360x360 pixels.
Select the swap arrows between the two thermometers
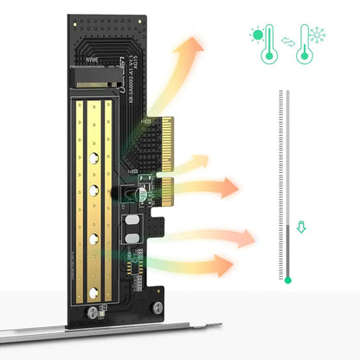(x=288, y=37)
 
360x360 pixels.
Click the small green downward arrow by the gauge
(x=301, y=228)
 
